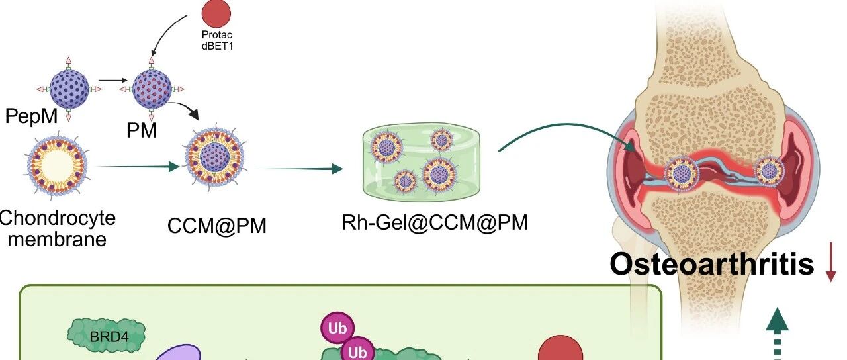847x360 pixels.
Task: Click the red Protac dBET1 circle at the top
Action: click(216, 15)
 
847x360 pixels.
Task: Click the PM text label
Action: click(142, 130)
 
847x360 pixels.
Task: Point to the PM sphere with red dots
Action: click(152, 88)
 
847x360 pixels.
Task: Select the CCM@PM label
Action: click(217, 226)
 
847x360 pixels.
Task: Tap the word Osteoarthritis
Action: click(711, 264)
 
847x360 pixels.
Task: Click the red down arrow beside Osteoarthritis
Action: click(830, 265)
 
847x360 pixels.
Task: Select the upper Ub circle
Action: click(337, 327)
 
